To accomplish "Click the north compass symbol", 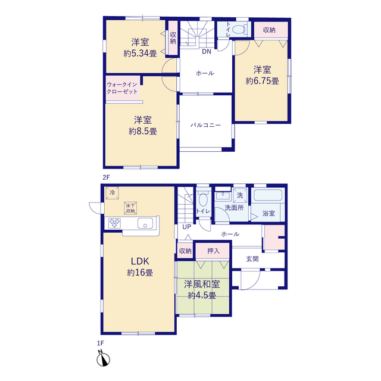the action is tap(103, 358).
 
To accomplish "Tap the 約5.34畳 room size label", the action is tap(140, 53).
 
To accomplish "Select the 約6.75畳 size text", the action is tap(262, 81).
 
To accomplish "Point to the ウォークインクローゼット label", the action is tap(122, 88).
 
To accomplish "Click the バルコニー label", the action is tap(205, 125).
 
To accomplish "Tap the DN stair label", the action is tap(207, 52).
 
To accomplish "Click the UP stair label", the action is tap(186, 227).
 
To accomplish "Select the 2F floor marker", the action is tap(106, 177).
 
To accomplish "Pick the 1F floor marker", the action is tap(101, 343).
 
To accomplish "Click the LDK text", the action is tap(140, 261).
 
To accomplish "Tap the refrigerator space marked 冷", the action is tap(112, 193).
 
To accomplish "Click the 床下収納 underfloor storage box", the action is tap(130, 208).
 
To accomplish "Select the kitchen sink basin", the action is tap(145, 223).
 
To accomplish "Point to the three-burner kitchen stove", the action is tap(114, 223).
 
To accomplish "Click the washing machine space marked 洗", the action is tap(240, 195).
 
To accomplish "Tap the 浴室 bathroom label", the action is tap(268, 213).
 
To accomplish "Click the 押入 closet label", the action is tap(213, 251).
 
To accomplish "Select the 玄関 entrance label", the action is tap(252, 259).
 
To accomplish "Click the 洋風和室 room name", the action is tap(202, 284).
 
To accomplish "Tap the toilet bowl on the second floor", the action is tap(239, 30).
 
